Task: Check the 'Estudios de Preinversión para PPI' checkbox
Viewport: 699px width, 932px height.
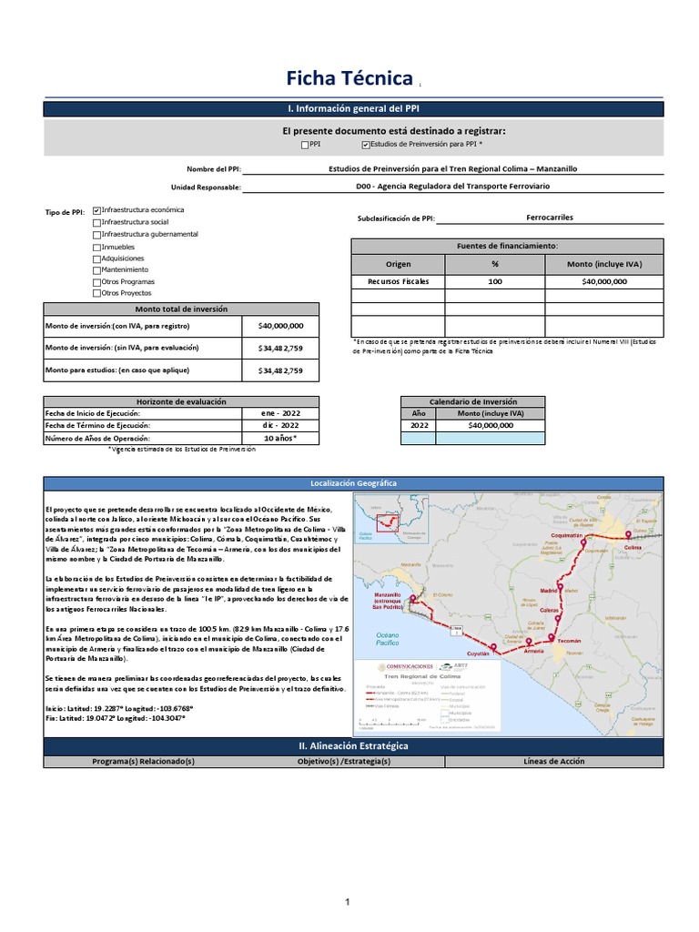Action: (366, 144)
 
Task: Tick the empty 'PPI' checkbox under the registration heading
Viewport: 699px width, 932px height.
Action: (305, 144)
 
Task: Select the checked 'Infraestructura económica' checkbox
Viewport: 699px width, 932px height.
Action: (97, 209)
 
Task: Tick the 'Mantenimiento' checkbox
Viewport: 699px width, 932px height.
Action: (97, 270)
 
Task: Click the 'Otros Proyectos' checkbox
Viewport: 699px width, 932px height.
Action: (97, 294)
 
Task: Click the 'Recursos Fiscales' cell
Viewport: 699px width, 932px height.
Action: (398, 281)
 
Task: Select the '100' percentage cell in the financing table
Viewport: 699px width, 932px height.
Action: (495, 281)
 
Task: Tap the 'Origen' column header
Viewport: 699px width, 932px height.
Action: (398, 264)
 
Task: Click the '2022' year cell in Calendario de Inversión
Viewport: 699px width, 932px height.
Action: (419, 425)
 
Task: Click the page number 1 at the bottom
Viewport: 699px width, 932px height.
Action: (347, 902)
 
